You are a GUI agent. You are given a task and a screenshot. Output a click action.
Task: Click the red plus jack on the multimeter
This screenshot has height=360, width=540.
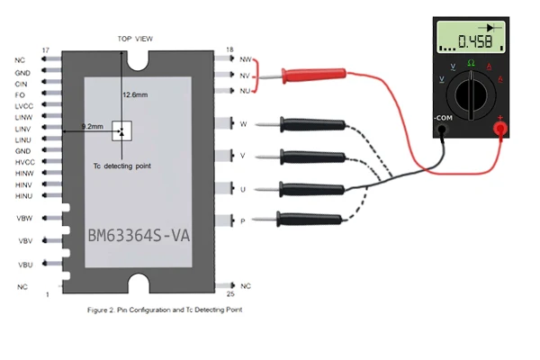click(499, 130)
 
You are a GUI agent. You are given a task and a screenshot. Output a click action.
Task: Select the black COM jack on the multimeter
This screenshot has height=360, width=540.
click(442, 130)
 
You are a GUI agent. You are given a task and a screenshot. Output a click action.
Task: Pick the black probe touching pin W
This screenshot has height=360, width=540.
click(310, 124)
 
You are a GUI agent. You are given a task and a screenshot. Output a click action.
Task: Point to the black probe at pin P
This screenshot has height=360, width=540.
click(310, 217)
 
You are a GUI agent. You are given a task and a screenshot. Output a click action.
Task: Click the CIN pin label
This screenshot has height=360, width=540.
click(22, 83)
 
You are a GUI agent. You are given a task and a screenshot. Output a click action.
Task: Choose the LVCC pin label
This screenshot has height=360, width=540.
click(23, 106)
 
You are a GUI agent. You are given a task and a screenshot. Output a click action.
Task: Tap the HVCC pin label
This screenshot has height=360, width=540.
click(23, 162)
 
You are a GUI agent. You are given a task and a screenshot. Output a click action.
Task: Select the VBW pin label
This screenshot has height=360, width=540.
click(24, 218)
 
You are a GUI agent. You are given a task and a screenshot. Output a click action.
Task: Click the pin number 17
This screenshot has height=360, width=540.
click(45, 49)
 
